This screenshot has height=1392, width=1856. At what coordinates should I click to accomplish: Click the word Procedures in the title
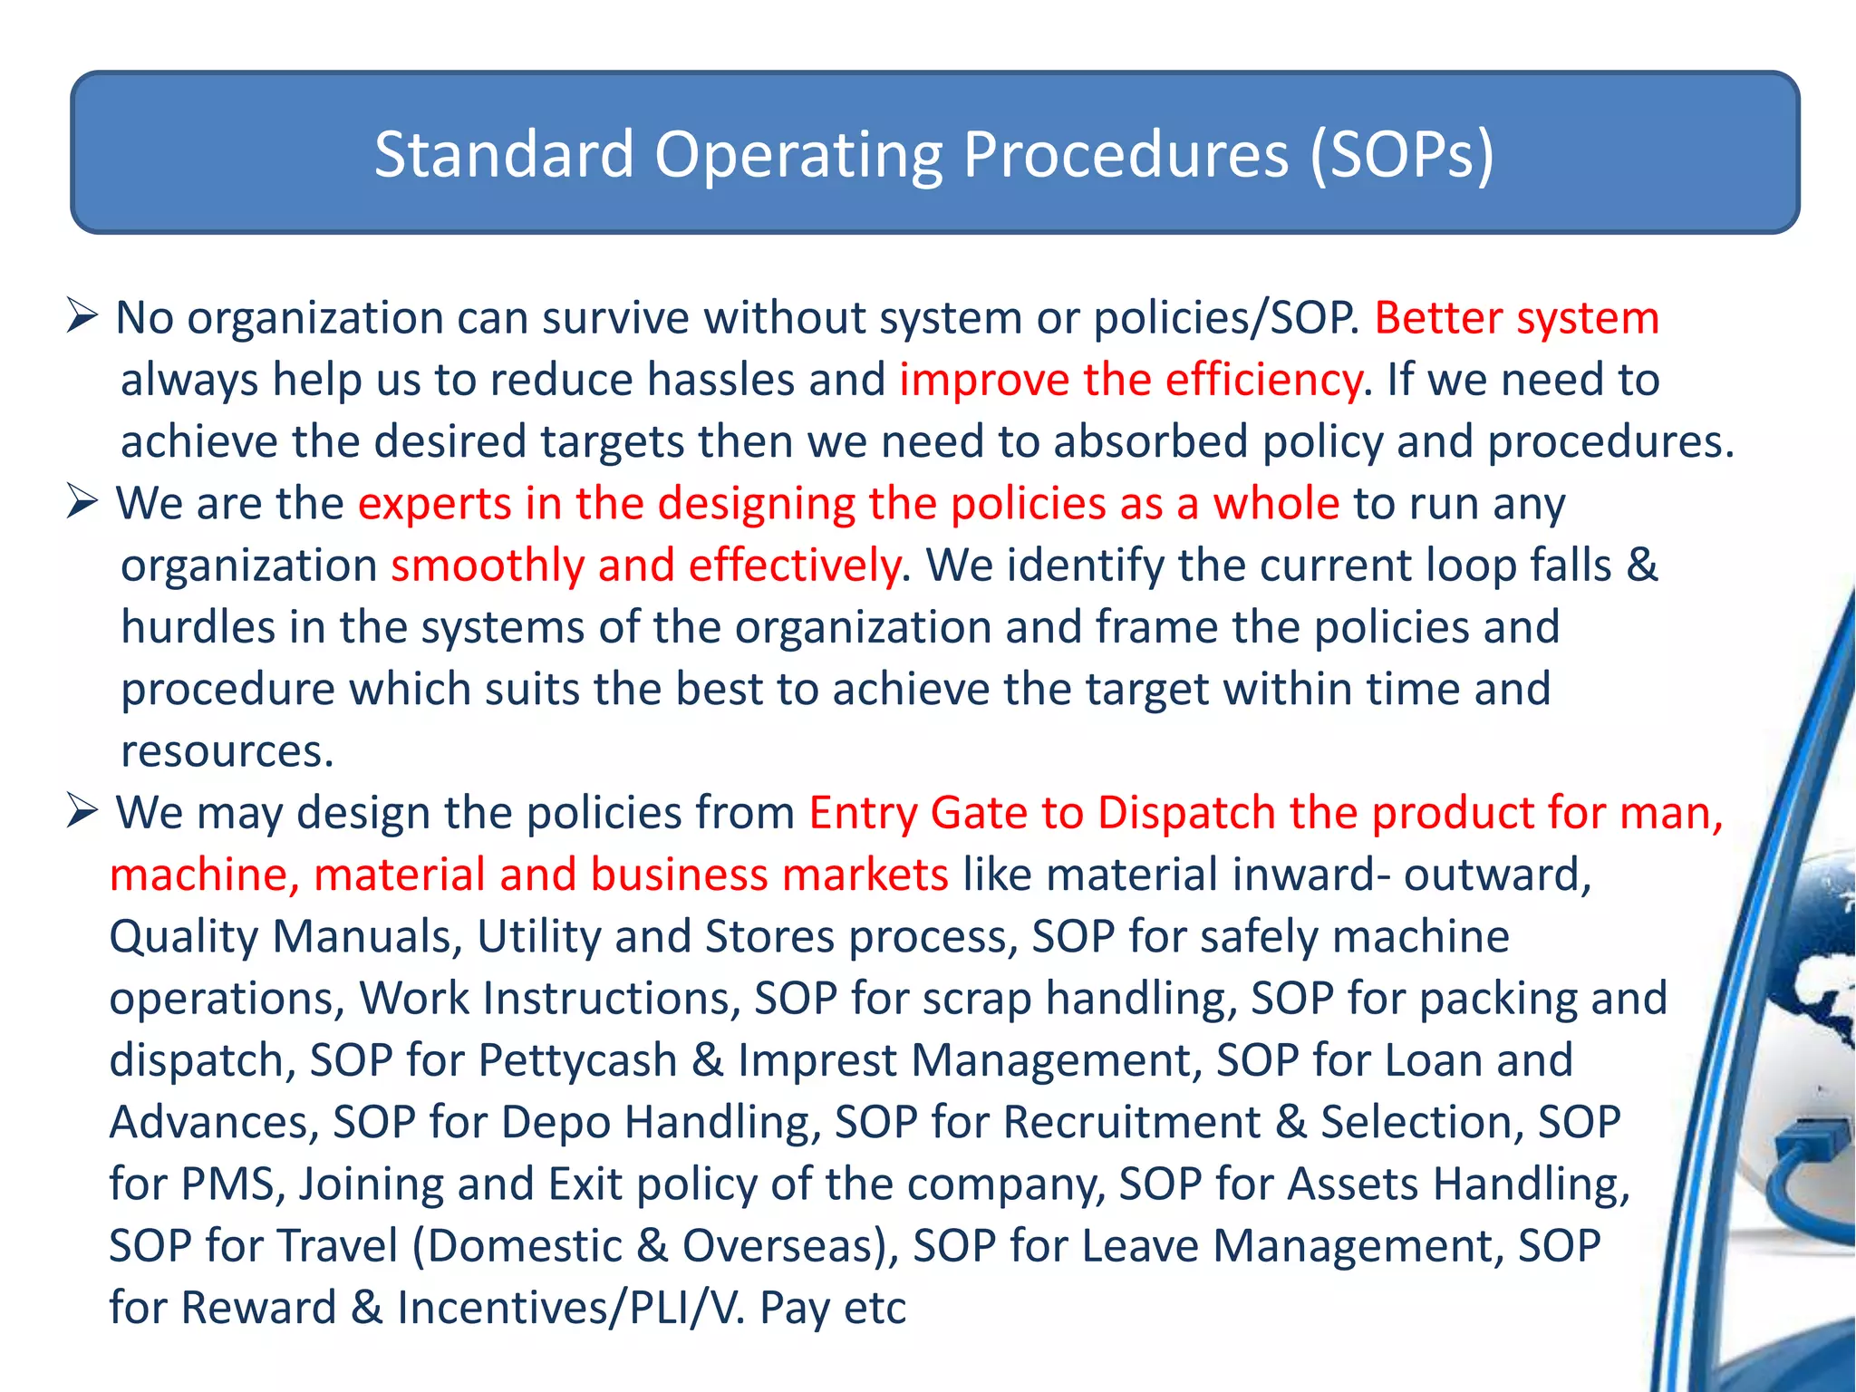coord(1125,154)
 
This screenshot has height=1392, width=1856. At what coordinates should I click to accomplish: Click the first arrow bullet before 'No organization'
coord(82,317)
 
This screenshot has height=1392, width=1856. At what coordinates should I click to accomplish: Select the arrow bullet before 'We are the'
coord(82,502)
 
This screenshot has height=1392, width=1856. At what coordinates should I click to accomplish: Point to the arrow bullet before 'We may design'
coord(82,811)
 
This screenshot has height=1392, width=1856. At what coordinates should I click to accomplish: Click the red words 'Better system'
coord(1516,318)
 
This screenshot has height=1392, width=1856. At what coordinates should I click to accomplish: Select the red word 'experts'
coord(434,504)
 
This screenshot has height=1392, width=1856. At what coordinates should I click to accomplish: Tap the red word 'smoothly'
coord(487,565)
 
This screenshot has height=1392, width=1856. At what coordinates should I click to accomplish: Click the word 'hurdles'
coord(198,627)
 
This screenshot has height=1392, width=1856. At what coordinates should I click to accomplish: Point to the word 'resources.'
coord(227,751)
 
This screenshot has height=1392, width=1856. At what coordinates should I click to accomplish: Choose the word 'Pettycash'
coord(577,1060)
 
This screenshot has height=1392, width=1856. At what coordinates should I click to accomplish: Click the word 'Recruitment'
coord(1131,1122)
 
